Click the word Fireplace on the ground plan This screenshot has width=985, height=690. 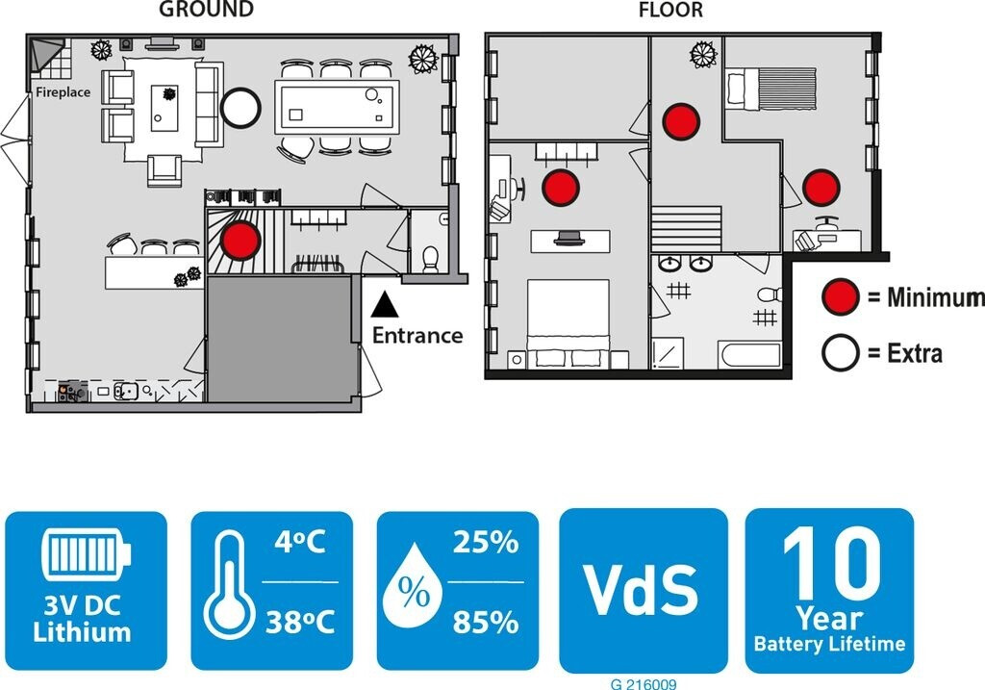pos(63,92)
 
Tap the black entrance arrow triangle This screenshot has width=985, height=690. pos(385,305)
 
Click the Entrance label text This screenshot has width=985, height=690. pos(417,336)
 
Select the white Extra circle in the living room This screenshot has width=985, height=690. pos(240,107)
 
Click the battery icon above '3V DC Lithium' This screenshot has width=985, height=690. pos(86,555)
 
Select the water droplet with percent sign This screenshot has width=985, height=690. pos(415,591)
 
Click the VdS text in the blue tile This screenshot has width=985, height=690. pos(643,589)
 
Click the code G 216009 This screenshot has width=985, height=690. pos(643,684)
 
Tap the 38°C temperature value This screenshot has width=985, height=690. pos(300,623)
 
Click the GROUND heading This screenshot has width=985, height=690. pos(207,11)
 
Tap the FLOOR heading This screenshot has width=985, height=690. pos(670,11)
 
